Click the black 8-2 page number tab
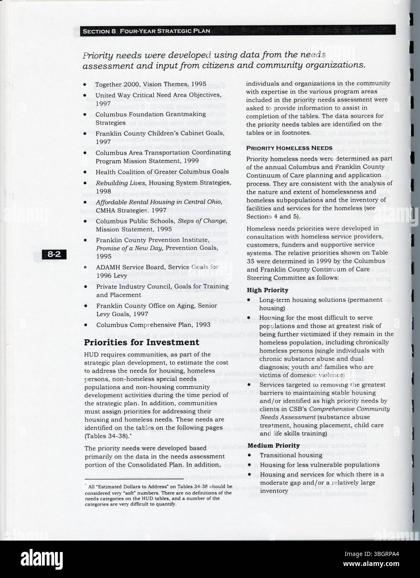tap(54, 255)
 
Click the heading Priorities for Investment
tap(141, 342)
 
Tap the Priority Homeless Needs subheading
tap(289, 148)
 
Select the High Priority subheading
tap(267, 290)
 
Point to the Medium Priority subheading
tap(273, 445)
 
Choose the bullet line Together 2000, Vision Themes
tap(150, 84)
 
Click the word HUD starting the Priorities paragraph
tap(91, 355)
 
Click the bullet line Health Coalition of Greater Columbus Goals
tap(162, 172)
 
